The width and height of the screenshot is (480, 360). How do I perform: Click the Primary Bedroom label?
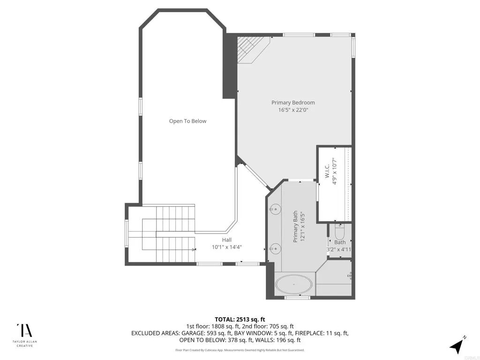293,103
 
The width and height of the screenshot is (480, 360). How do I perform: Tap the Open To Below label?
187,121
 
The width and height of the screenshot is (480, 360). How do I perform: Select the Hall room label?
227,240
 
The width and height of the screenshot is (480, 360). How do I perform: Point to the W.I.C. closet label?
327,171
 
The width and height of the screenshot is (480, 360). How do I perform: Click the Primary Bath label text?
295,226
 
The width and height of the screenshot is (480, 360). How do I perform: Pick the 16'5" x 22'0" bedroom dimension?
293,110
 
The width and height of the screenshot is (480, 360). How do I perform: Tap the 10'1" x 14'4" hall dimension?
227,247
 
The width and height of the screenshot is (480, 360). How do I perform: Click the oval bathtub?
294,285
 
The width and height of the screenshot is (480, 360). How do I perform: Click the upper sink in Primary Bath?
275,210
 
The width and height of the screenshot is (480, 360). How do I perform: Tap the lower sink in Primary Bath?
275,247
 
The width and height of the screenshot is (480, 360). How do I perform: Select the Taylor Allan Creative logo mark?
24,330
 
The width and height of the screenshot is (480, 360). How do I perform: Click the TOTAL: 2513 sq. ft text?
240,320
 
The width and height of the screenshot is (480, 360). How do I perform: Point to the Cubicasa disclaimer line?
240,350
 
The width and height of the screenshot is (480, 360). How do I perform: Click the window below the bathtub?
293,297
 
